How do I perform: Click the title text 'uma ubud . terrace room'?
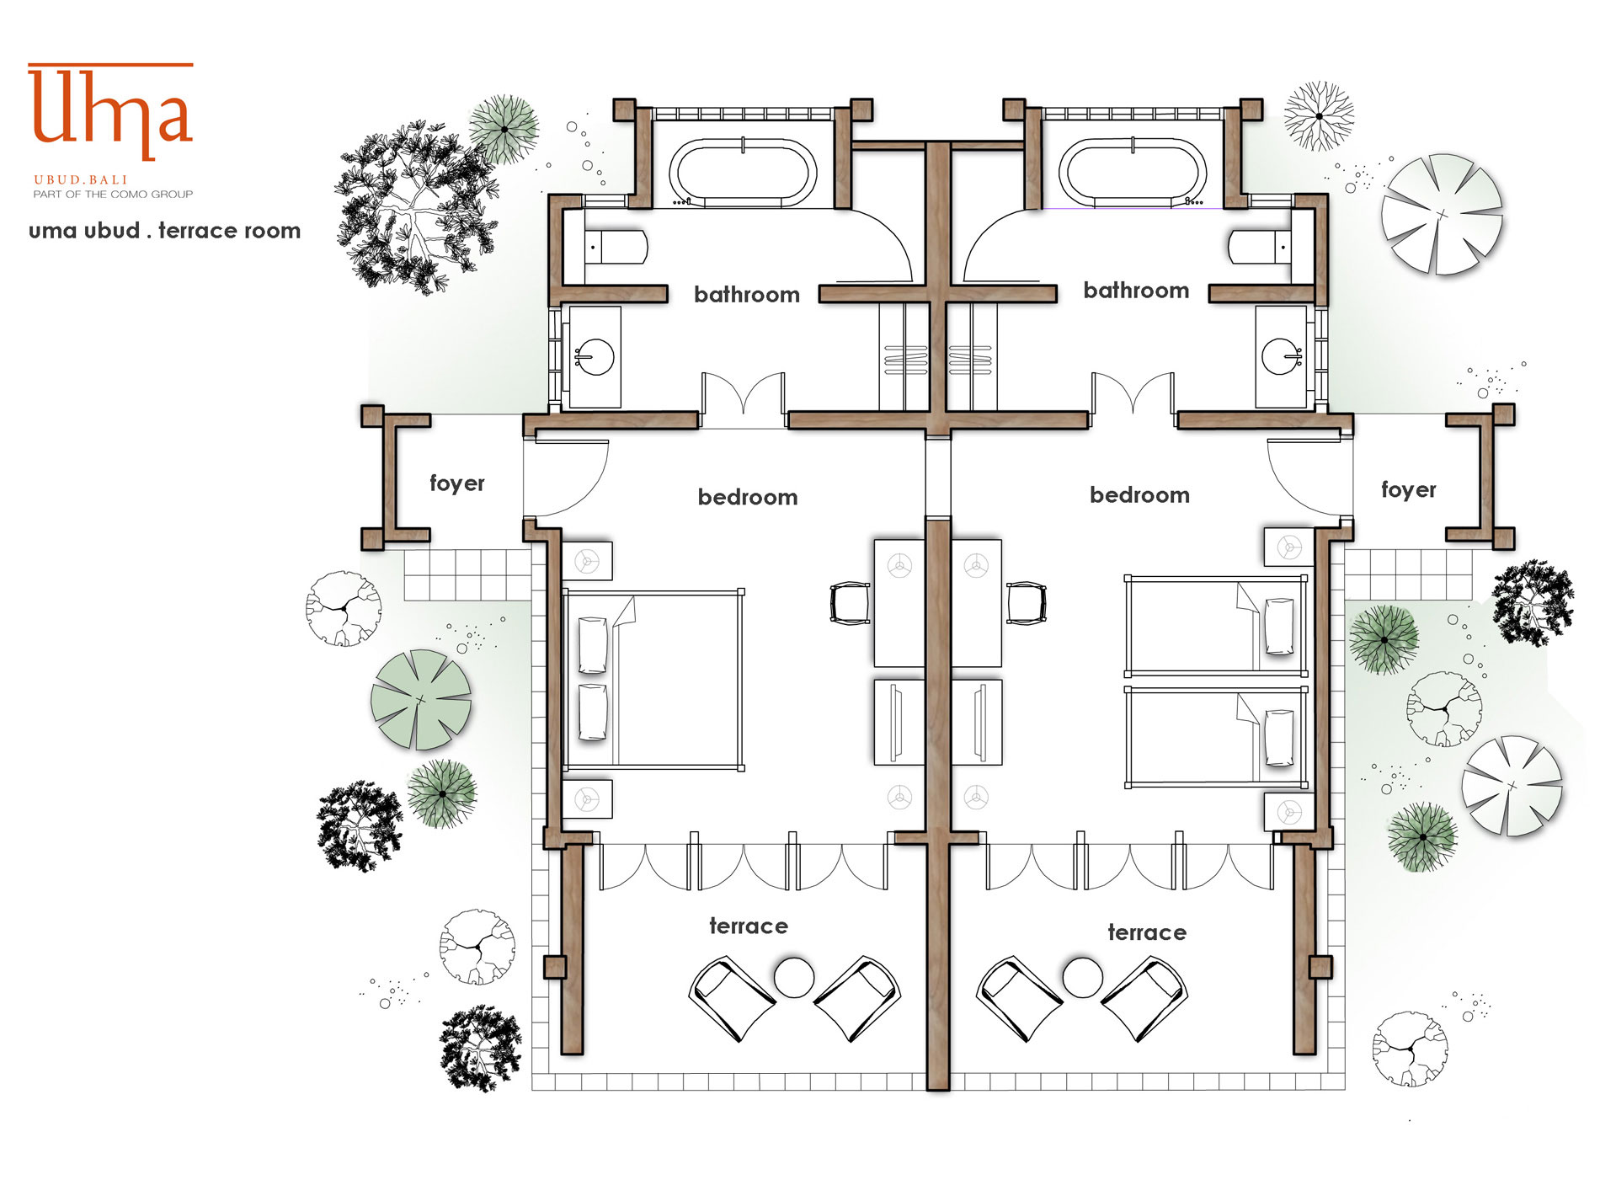(165, 231)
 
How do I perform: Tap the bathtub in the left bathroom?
(743, 172)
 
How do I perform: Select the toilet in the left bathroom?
(616, 248)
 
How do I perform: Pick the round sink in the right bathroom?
(1281, 356)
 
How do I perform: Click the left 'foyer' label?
(457, 483)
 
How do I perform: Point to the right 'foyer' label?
(1409, 489)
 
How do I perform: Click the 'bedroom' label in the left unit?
(748, 498)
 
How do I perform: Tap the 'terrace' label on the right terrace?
(1147, 932)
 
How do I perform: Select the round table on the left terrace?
(794, 977)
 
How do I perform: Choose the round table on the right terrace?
(1083, 977)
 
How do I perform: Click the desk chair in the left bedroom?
(850, 603)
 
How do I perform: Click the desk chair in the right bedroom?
(1027, 603)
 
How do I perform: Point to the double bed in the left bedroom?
(653, 680)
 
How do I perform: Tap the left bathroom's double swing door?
(744, 394)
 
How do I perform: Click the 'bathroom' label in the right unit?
(1136, 291)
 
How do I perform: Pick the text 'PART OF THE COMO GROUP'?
(113, 195)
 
